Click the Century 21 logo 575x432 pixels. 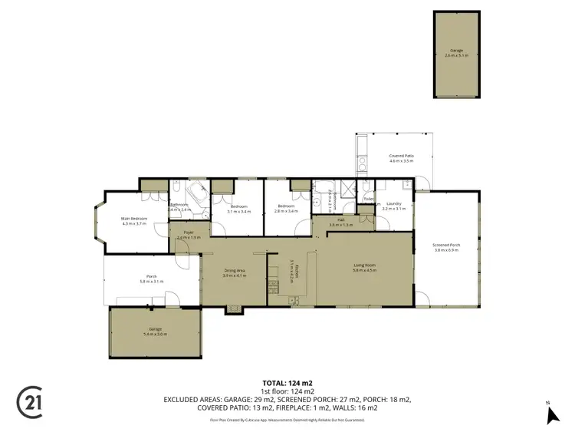coord(29,401)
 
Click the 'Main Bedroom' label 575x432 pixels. coord(134,219)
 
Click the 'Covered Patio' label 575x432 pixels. coord(401,156)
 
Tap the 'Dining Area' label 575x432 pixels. coord(234,271)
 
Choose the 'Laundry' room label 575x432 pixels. coord(394,203)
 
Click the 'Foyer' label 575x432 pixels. coord(188,233)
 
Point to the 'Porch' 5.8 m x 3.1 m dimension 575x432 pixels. coord(152,282)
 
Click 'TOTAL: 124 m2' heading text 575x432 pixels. coord(287,381)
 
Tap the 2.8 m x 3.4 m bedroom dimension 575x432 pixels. coord(286,210)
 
